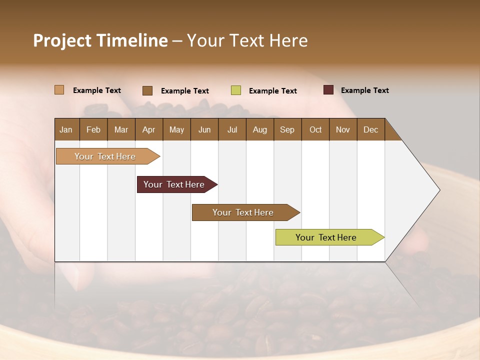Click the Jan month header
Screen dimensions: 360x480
tap(66, 129)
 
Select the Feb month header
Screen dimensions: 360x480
tap(93, 129)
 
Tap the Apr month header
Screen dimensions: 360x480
tap(148, 129)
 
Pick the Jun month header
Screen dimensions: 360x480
tap(204, 129)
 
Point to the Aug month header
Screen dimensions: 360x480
tap(259, 129)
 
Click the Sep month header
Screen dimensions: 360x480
tap(287, 129)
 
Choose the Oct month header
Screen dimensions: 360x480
tap(315, 129)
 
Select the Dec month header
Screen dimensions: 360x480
tap(370, 129)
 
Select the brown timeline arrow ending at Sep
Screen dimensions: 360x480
tap(243, 212)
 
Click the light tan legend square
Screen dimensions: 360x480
tap(59, 90)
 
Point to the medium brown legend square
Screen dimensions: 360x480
tap(147, 90)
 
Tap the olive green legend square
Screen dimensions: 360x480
tap(236, 90)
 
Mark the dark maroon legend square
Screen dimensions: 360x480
tap(328, 90)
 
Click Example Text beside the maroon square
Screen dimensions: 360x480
tap(364, 90)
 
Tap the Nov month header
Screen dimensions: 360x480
tap(342, 129)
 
